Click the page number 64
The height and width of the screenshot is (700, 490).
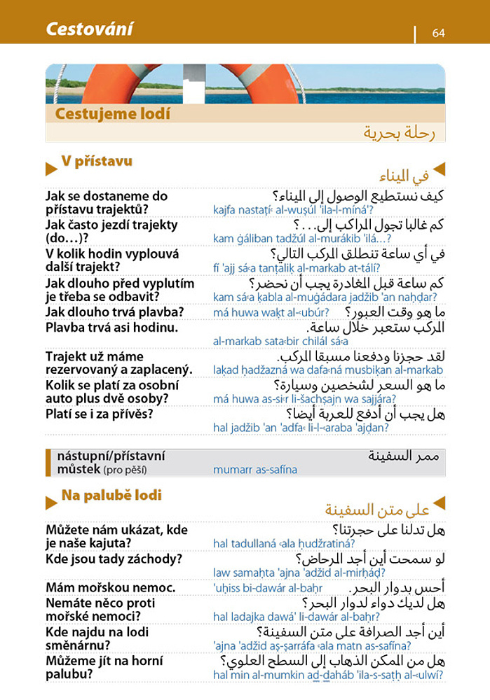pos(439,33)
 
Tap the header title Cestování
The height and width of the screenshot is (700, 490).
pos(89,29)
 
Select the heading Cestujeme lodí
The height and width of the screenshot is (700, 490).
pos(112,113)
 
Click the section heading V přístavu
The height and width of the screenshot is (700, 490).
pos(97,162)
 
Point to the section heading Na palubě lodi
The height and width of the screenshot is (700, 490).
pos(111,496)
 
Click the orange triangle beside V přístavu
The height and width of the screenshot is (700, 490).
pos(50,169)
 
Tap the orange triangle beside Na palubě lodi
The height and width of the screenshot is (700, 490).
pos(50,502)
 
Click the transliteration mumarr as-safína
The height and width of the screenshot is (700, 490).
pos(254,470)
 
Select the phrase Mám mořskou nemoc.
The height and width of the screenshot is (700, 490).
pos(110,588)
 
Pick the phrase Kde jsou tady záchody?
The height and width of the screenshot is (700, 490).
pos(114,559)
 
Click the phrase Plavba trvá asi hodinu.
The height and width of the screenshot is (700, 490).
pos(111,327)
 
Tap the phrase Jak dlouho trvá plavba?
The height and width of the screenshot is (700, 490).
pos(114,311)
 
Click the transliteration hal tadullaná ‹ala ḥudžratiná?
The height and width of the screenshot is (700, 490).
pos(283,543)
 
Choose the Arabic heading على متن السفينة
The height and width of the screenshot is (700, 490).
pos(377,508)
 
